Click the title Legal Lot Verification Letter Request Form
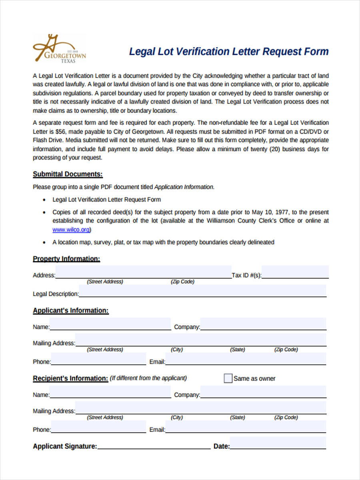(x=228, y=52)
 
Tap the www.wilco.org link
(x=71, y=230)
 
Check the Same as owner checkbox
(x=228, y=378)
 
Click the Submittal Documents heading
(x=68, y=174)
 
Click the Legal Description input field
(x=202, y=291)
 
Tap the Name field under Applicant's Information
(x=110, y=324)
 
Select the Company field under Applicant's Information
(x=263, y=324)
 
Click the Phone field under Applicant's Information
(x=98, y=359)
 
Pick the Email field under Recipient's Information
(x=246, y=427)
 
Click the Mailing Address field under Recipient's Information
(x=200, y=408)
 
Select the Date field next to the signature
(x=278, y=444)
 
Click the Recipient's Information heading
(x=70, y=378)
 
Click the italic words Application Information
(x=184, y=187)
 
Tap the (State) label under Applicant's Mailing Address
(x=237, y=350)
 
